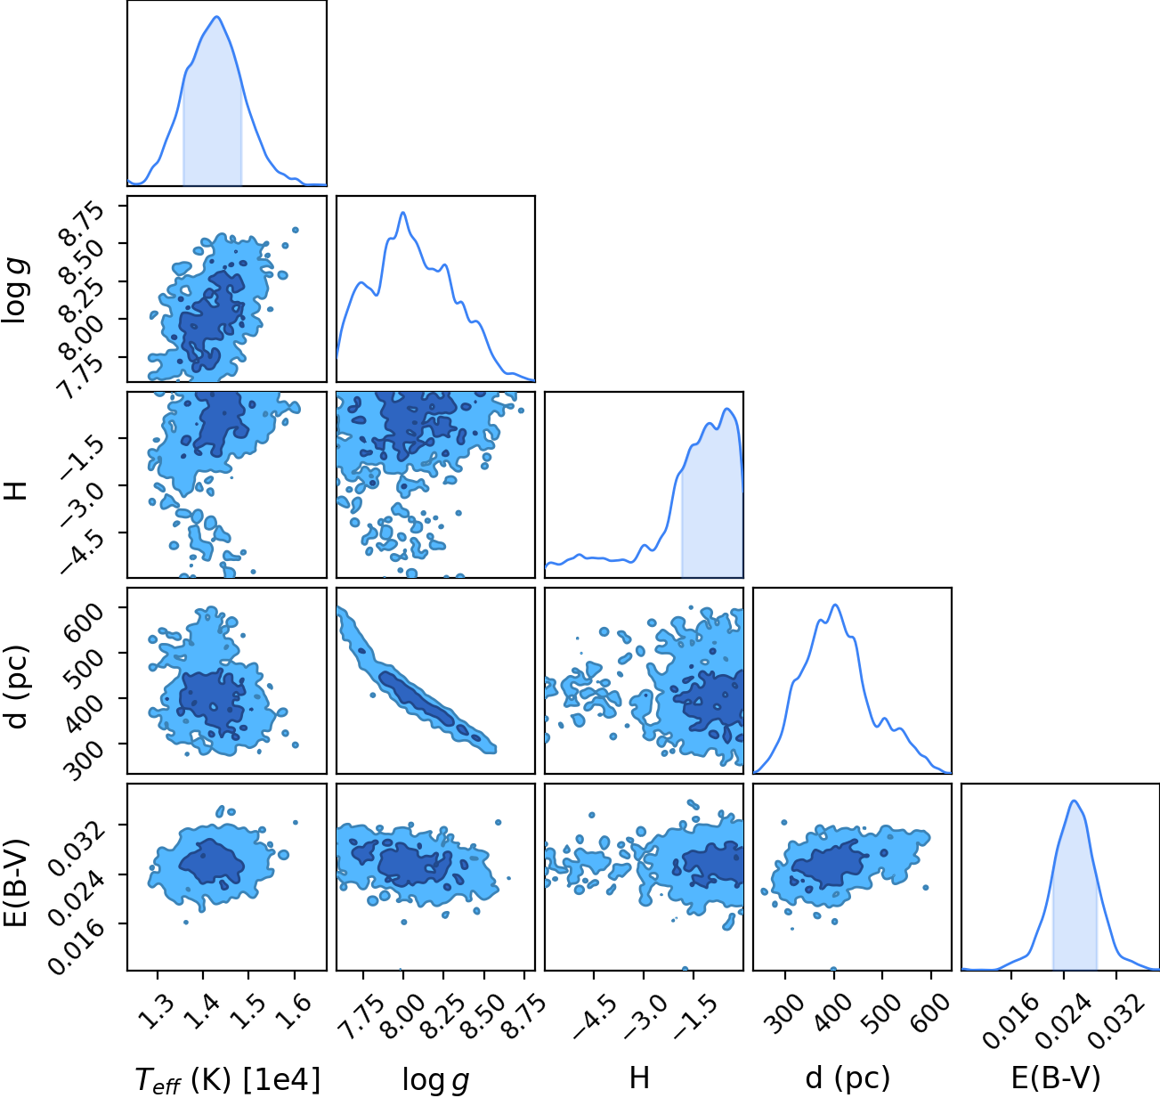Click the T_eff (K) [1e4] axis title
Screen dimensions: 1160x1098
pos(228,1079)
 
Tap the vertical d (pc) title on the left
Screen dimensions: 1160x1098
pos(17,680)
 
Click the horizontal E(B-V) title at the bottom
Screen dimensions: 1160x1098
pos(1056,1078)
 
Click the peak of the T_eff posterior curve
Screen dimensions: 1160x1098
pos(217,17)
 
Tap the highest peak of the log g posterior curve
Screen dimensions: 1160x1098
pos(403,213)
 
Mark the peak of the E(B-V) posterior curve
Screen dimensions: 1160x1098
pos(1075,801)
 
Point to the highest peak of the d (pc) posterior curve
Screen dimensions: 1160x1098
pos(835,605)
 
